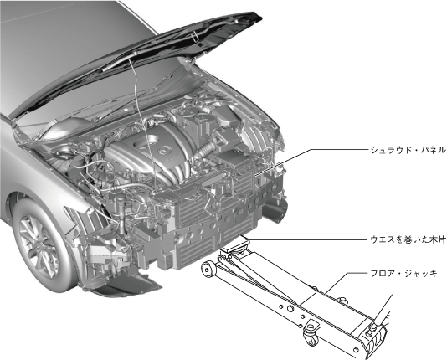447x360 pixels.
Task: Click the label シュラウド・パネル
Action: pos(408,150)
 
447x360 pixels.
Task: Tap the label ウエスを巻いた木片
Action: pos(408,239)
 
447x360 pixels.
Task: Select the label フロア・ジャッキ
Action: pos(403,274)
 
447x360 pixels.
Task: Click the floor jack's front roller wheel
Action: pos(208,269)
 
